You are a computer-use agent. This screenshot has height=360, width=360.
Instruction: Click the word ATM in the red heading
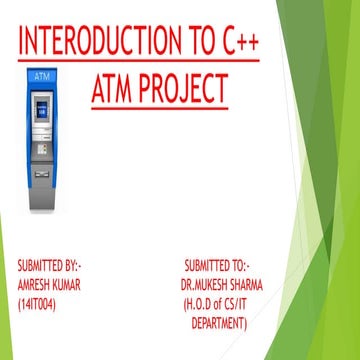click(x=117, y=88)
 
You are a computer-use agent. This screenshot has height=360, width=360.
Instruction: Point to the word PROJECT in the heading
click(x=187, y=88)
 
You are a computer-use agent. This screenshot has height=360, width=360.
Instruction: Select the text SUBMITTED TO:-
click(x=217, y=266)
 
